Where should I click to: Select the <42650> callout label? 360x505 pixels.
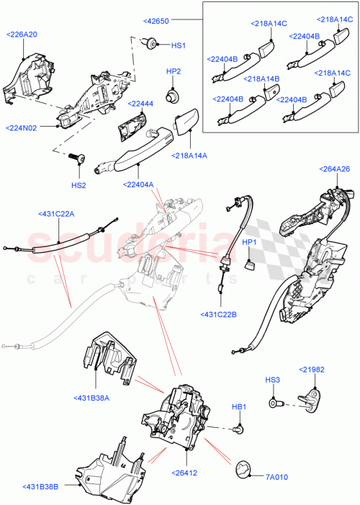click(x=156, y=22)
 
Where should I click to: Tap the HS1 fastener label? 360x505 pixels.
click(x=178, y=45)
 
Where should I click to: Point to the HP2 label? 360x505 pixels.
click(x=174, y=72)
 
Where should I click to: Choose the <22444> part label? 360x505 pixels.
click(x=140, y=104)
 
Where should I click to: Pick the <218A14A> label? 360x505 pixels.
click(x=190, y=156)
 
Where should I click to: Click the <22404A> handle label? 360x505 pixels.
click(x=139, y=184)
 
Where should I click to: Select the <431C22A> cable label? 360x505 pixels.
click(x=58, y=213)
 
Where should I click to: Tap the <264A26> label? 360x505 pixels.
click(x=334, y=169)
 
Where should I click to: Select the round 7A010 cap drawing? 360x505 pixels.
click(x=244, y=469)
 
